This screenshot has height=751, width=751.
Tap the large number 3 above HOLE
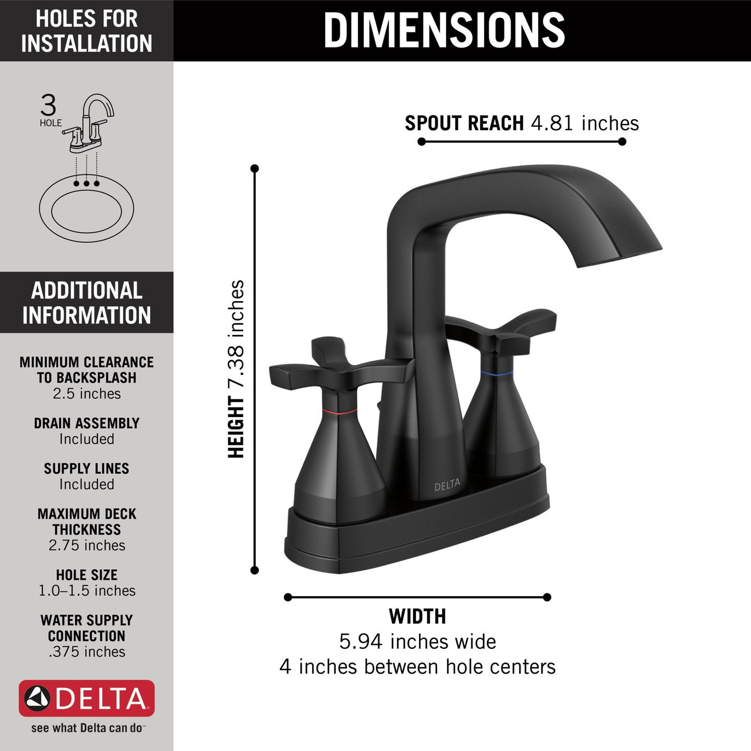click(49, 106)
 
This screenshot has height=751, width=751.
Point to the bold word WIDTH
click(417, 616)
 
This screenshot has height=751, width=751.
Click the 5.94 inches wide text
click(417, 641)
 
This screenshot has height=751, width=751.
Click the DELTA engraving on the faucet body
click(447, 486)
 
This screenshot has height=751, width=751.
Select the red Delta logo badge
click(87, 698)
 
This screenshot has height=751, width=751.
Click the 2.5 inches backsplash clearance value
click(87, 394)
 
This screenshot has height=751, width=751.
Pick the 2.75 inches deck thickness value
click(87, 545)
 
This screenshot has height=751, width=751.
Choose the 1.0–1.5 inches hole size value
click(87, 591)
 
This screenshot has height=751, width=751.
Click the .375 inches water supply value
click(87, 652)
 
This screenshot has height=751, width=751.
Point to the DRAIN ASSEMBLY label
click(87, 423)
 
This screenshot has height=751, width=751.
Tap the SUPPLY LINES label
click(87, 468)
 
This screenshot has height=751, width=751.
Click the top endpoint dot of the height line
click(255, 168)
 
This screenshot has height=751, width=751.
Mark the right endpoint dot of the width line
click(547, 597)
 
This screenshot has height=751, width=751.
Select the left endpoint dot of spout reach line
click(421, 141)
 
